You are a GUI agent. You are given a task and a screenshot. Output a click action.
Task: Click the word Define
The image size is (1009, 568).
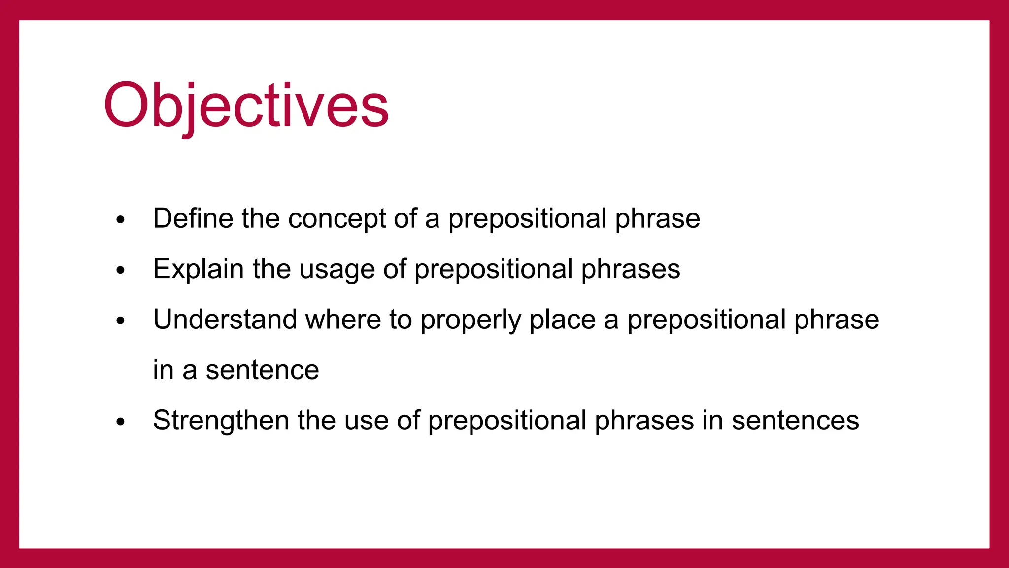(193, 218)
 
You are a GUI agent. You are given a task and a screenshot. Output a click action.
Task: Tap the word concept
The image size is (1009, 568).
(337, 219)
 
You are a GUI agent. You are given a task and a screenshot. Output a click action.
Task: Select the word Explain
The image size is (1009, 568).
(198, 269)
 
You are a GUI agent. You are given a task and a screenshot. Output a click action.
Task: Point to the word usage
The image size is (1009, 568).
(336, 271)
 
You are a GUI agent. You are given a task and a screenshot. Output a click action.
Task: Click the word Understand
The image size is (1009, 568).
(225, 319)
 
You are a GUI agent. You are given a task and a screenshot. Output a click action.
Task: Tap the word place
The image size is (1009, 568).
(562, 320)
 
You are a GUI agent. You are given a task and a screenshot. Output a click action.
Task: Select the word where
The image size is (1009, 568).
(343, 319)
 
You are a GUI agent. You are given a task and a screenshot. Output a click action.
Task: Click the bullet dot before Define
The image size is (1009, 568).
(121, 220)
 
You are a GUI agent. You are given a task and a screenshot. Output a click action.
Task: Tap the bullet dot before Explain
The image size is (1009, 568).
(121, 270)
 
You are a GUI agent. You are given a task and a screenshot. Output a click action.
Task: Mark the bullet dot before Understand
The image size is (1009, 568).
(121, 321)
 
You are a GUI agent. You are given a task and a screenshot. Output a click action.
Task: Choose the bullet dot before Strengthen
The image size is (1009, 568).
(121, 422)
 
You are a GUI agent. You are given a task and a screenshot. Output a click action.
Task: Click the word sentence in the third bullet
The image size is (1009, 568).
(262, 370)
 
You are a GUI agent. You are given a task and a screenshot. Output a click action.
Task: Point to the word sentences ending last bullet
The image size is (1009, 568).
(795, 421)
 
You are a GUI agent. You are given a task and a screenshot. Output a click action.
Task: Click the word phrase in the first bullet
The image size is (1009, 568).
(657, 219)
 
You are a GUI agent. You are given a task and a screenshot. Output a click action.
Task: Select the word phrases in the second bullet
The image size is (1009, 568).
(630, 270)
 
